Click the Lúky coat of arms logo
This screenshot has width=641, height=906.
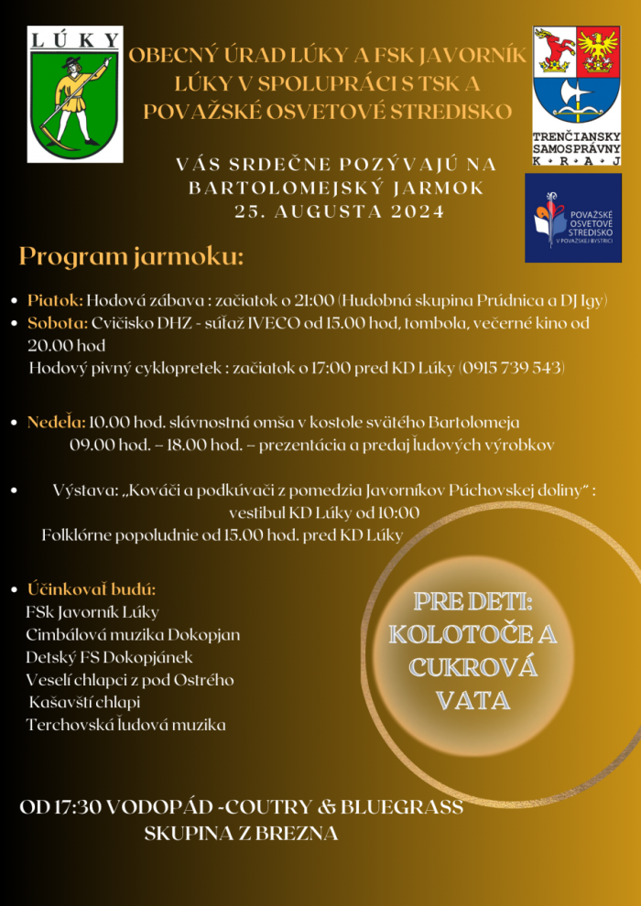point(75,94)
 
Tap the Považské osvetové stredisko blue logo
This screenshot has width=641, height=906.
point(572,218)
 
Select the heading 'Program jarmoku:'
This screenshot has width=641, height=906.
point(131,257)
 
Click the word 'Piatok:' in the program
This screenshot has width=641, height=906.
point(55,300)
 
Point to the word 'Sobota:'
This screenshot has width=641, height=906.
point(57,323)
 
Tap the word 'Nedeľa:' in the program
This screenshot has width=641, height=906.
point(57,423)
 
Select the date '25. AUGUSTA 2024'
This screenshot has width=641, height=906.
point(339,211)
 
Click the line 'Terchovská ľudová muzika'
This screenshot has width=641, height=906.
point(125,725)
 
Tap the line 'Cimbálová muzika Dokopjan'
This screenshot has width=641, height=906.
point(133,634)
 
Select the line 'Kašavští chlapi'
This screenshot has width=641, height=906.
point(84,703)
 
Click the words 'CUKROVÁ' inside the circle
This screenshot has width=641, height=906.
point(473,666)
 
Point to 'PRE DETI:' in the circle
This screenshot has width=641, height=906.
point(473,601)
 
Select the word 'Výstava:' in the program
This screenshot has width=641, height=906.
point(82,491)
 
